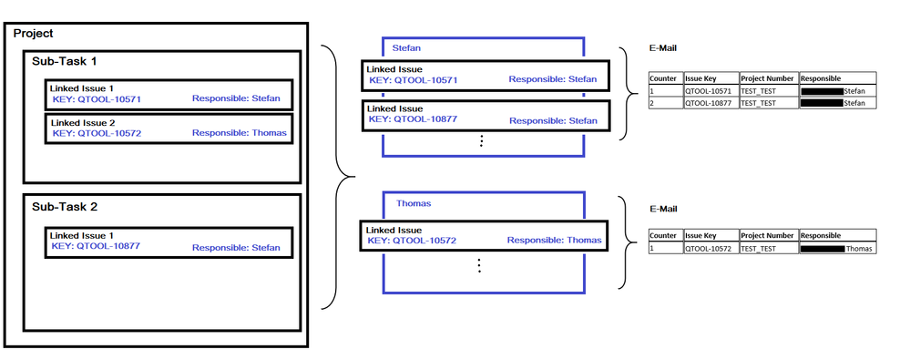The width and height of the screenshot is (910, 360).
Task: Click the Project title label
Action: [33, 34]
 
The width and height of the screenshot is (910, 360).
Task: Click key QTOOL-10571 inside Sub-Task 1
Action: [97, 99]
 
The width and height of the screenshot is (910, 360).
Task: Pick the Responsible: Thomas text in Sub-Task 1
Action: [239, 133]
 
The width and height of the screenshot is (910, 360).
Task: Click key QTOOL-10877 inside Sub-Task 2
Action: [96, 245]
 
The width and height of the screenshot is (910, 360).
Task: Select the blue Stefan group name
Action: [406, 47]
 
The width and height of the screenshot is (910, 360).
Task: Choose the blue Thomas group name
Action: [414, 203]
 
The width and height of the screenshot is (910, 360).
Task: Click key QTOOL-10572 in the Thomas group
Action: [413, 241]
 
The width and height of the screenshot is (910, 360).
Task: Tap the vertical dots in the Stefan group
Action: [481, 140]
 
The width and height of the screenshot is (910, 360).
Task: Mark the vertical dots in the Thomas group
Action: [479, 265]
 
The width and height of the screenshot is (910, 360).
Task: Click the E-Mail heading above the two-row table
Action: [663, 48]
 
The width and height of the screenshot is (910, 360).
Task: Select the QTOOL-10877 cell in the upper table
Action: [711, 103]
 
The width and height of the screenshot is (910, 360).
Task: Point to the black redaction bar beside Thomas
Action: [823, 249]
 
